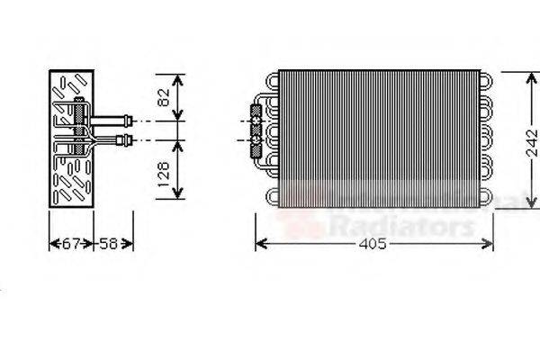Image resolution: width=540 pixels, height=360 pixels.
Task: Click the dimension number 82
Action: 163,96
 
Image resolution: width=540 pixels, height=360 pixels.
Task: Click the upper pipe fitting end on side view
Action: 130,118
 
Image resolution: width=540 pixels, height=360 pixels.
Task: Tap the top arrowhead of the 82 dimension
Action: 180,77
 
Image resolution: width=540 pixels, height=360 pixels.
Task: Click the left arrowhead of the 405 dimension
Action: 260,244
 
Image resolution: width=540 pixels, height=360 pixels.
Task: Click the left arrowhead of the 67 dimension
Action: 50,244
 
